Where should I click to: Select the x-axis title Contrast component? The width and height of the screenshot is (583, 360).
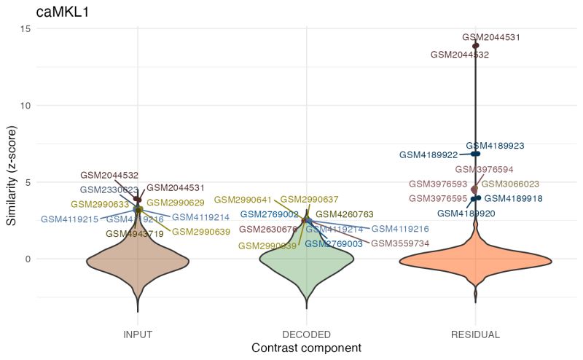click(x=306, y=349)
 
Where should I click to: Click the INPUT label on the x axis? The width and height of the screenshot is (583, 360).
click(x=137, y=334)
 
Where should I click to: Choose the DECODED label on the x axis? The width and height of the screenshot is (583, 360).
click(x=306, y=334)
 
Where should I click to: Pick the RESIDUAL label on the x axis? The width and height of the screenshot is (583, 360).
click(x=475, y=334)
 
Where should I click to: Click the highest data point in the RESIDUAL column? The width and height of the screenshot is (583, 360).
click(x=475, y=46)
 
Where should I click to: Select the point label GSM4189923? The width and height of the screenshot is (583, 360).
click(x=495, y=146)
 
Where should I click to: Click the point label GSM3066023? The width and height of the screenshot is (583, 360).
click(x=510, y=184)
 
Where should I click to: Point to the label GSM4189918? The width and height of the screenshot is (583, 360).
click(x=513, y=198)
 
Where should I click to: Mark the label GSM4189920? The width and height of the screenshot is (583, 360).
click(x=466, y=214)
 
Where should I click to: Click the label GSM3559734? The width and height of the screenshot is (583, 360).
click(x=400, y=243)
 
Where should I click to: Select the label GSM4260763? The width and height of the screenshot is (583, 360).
click(x=345, y=214)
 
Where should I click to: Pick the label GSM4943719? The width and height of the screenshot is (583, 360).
click(x=134, y=234)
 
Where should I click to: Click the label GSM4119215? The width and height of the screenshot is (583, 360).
click(x=69, y=219)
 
